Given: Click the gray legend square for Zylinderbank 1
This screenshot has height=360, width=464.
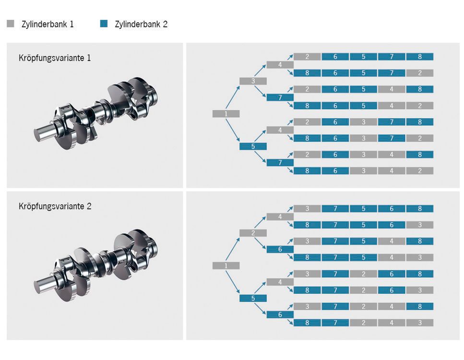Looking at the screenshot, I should tap(10, 24).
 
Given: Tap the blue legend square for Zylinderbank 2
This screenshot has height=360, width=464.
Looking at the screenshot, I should tap(104, 24).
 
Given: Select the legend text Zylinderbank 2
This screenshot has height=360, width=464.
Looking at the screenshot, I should tap(141, 24).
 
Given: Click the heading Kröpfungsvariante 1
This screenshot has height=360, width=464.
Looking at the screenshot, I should tap(55, 58).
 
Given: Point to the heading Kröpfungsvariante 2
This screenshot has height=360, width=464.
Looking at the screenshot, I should tap(55, 206).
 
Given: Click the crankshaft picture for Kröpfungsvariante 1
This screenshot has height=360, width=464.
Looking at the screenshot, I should tap(96, 115).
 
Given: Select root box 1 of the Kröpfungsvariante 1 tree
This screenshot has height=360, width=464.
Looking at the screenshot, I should tap(226, 114).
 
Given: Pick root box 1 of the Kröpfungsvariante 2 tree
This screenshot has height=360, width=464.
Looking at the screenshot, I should tap(226, 265).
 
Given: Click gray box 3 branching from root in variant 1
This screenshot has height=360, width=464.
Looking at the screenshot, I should tap(253, 81).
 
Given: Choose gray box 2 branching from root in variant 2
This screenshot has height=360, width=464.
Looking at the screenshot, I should tap(253, 233).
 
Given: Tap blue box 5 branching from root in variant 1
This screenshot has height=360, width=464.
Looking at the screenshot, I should tap(253, 146).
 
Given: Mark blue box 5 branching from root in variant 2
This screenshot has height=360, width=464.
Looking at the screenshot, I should tap(253, 298).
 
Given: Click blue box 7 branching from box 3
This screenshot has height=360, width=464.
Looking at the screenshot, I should tap(280, 97).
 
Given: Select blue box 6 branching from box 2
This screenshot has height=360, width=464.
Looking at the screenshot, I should tap(280, 249).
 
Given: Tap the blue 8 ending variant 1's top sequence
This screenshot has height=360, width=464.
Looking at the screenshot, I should tap(419, 57).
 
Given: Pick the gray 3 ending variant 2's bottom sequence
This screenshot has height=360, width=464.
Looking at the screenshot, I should tap(419, 323).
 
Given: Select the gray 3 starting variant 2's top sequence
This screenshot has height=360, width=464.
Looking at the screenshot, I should tap(307, 208).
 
